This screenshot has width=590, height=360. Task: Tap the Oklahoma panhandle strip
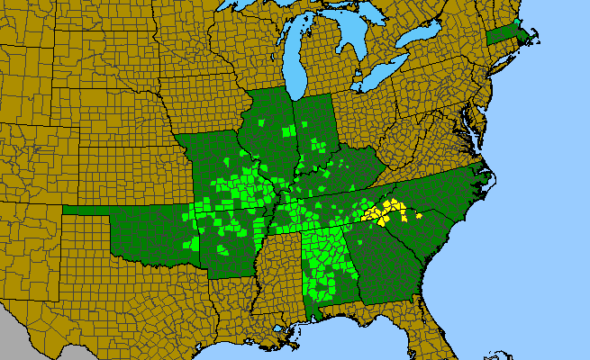pos(90,211)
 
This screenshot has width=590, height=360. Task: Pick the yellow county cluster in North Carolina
pos(384,214)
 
